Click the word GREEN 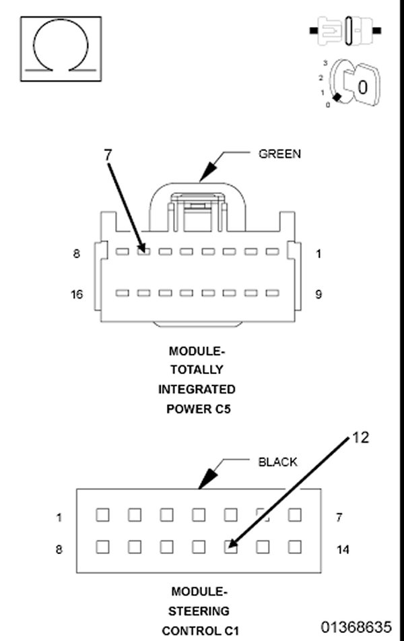pyautogui.click(x=279, y=154)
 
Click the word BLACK pyautogui.click(x=277, y=462)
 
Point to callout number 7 pyautogui.click(x=108, y=154)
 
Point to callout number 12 pyautogui.click(x=361, y=438)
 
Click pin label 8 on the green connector pyautogui.click(x=77, y=254)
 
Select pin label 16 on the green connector pyautogui.click(x=77, y=295)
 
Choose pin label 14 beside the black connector pyautogui.click(x=343, y=549)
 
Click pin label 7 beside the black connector pyautogui.click(x=339, y=517)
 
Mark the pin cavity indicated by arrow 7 pyautogui.click(x=143, y=251)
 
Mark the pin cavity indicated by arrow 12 pyautogui.click(x=231, y=547)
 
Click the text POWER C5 pyautogui.click(x=198, y=408)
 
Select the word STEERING pyautogui.click(x=199, y=611)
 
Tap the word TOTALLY pyautogui.click(x=197, y=370)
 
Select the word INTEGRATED pyautogui.click(x=197, y=390)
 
